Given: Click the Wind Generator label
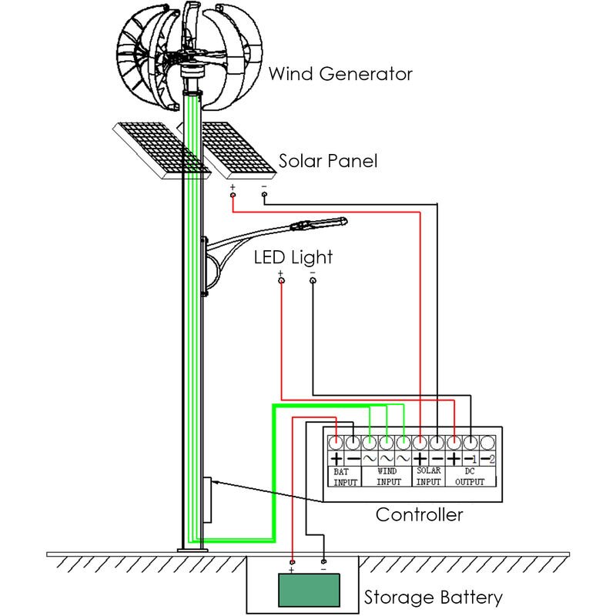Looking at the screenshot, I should (340, 75).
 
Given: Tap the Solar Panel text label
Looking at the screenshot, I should (327, 162).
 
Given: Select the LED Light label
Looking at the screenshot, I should (293, 256).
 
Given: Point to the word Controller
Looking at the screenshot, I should (419, 514).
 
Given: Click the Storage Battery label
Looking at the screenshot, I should (433, 597).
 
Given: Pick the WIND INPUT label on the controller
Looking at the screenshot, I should (388, 476).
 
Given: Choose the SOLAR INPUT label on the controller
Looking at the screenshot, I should (429, 476).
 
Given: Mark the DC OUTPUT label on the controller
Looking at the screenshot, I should (470, 476).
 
